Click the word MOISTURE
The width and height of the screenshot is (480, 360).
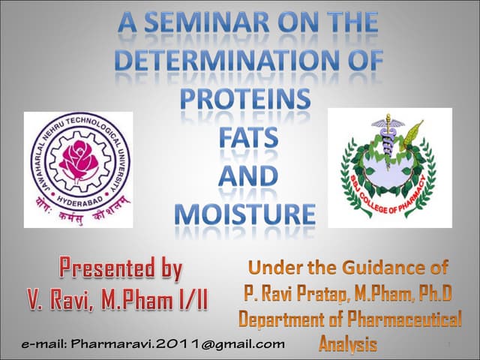(x=247, y=213)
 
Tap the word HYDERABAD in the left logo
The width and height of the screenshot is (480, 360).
(x=77, y=191)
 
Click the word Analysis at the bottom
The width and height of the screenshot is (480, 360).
(x=348, y=344)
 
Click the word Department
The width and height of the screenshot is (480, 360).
(x=280, y=319)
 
